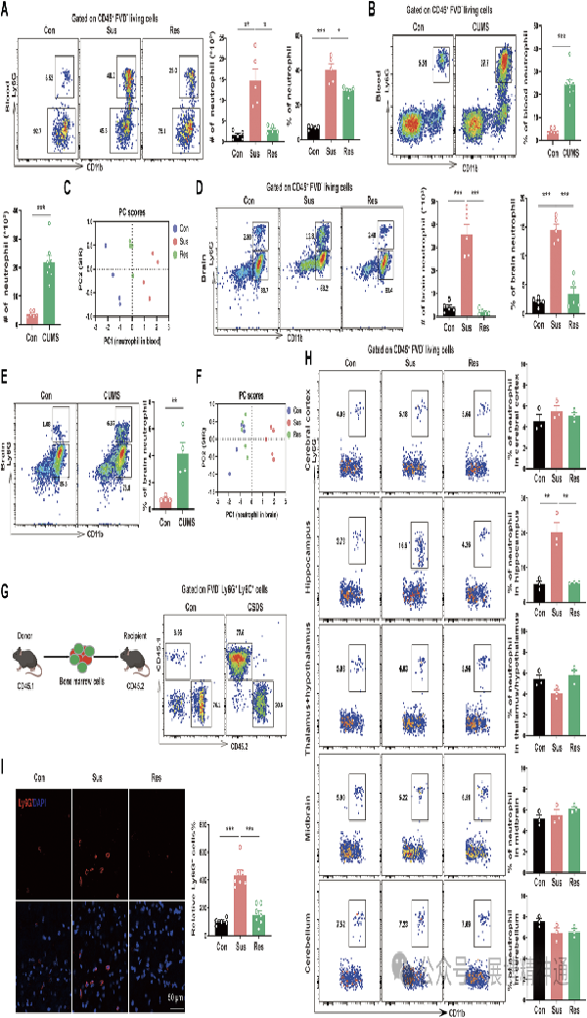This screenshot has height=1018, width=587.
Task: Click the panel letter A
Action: (x=7, y=9)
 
